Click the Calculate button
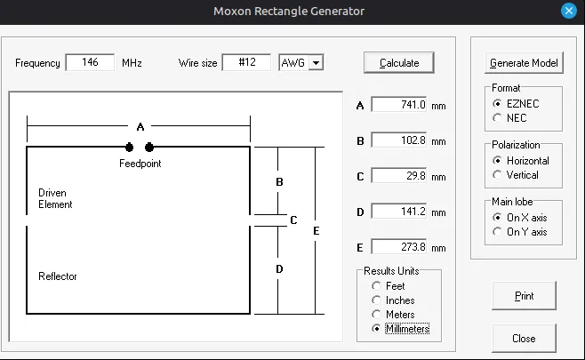click(x=399, y=63)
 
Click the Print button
click(x=524, y=296)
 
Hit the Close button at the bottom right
click(x=524, y=339)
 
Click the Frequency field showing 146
click(x=90, y=62)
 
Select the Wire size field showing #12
click(x=246, y=62)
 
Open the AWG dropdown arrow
click(x=316, y=63)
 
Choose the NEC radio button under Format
click(x=497, y=118)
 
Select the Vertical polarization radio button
click(x=497, y=175)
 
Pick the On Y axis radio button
click(x=497, y=232)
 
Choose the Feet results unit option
click(x=376, y=286)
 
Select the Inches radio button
click(x=376, y=300)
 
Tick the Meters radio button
click(x=376, y=315)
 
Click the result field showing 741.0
click(x=399, y=105)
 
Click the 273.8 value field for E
click(x=399, y=247)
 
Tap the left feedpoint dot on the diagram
click(x=130, y=148)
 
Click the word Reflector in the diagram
click(x=58, y=276)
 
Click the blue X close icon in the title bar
click(x=569, y=11)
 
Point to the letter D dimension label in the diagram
click(x=279, y=269)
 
